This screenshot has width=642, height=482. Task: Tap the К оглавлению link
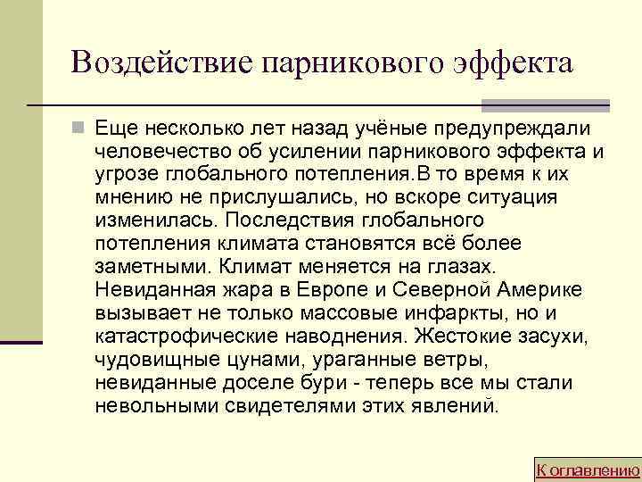[x=588, y=470]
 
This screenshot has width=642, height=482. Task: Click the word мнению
[x=126, y=197]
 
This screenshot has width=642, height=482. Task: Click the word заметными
[x=144, y=266]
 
